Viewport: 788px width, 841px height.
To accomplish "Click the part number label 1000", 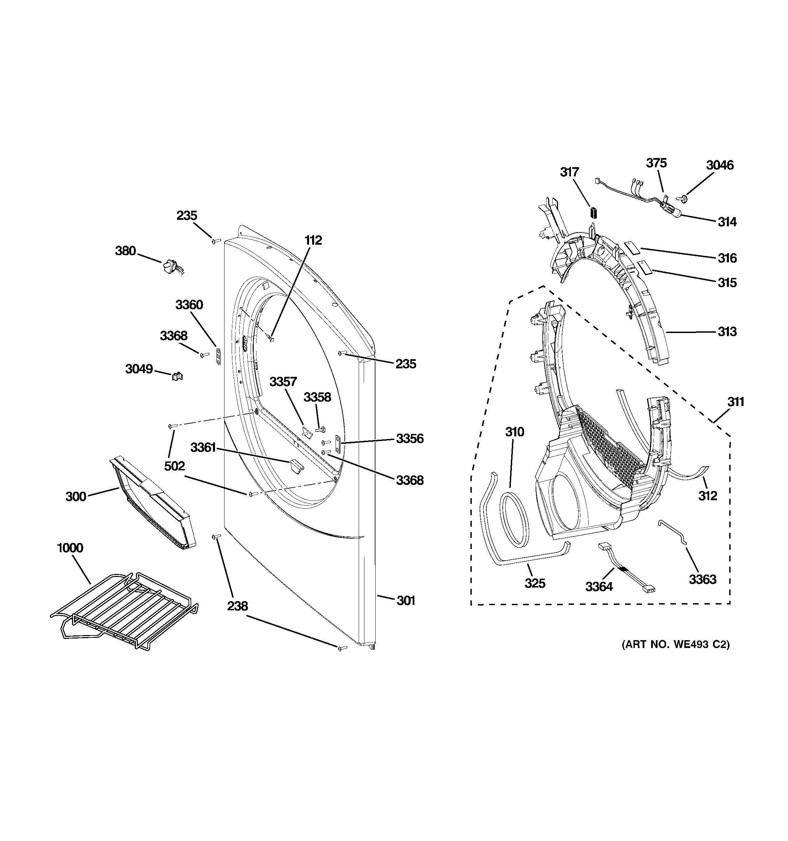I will click(x=70, y=548).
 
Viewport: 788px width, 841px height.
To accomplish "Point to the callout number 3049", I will click(x=139, y=369).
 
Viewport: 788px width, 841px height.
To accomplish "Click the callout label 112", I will click(x=313, y=240).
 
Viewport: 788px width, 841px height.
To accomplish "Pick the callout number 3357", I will click(x=283, y=382).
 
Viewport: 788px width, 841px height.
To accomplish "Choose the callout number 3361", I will click(x=203, y=447).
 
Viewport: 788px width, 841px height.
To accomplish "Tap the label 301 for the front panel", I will click(x=406, y=600).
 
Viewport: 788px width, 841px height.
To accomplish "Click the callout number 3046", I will click(x=719, y=165).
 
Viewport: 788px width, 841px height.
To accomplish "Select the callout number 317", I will click(x=569, y=172).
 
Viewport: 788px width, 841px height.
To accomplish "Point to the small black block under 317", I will click(x=593, y=212).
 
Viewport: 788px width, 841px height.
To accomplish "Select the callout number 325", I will click(x=535, y=583).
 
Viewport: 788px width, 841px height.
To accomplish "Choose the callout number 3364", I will click(x=599, y=586).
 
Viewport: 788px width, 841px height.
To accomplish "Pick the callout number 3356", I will click(x=409, y=438).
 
